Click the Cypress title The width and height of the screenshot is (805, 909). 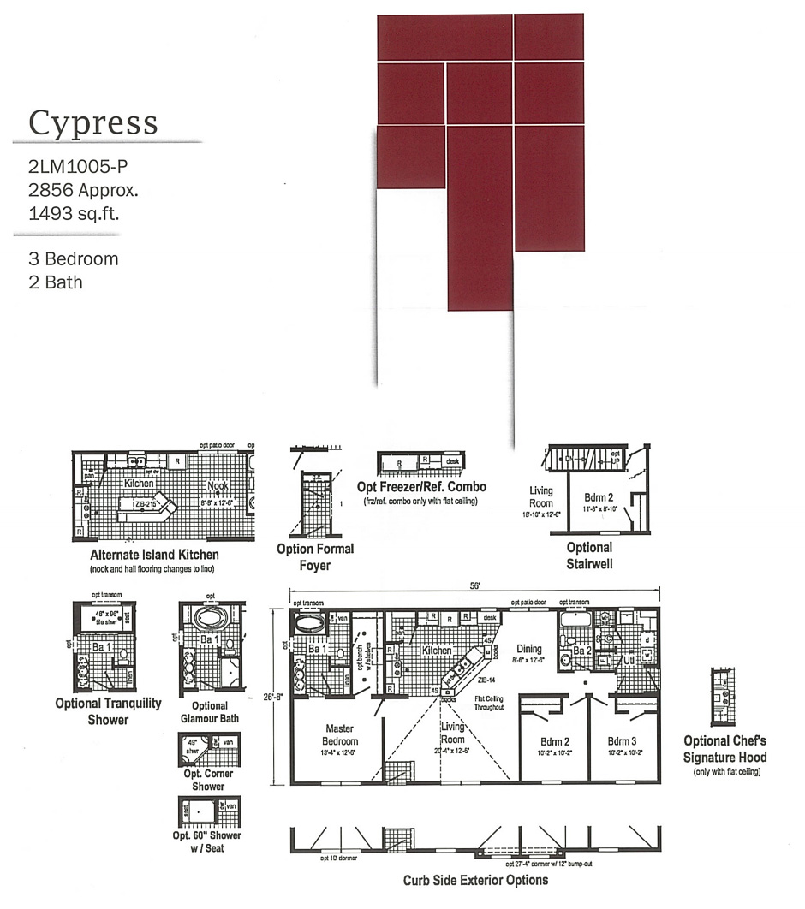[x=93, y=122]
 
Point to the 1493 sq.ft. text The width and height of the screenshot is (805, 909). [x=73, y=213]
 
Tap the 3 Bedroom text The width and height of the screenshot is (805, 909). [x=73, y=259]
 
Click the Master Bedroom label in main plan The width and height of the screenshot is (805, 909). [x=339, y=735]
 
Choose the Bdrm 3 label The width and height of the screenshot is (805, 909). [x=623, y=740]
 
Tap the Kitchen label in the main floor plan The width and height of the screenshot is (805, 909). [x=437, y=651]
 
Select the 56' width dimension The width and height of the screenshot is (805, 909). [x=474, y=586]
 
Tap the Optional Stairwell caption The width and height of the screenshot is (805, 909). [x=589, y=555]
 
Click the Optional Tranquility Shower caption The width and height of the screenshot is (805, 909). [x=108, y=710]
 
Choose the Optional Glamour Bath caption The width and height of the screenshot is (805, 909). [x=210, y=712]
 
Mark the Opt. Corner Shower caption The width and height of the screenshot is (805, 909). [x=208, y=780]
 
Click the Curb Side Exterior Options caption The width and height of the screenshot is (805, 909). [x=475, y=880]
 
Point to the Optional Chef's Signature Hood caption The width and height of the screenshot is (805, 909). [x=724, y=748]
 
